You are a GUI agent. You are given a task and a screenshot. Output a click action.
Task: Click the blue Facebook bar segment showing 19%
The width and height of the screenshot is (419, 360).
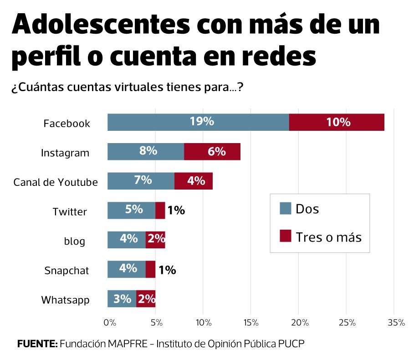tap(198, 122)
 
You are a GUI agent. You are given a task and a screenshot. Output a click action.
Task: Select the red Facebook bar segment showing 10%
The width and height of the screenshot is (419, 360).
tap(337, 122)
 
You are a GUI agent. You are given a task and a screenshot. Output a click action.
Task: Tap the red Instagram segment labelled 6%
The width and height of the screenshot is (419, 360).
tap(212, 152)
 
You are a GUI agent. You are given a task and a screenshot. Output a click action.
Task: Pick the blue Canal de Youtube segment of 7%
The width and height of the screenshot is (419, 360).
tap(141, 181)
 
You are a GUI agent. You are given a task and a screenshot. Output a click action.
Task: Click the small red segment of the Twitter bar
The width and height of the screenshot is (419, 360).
tap(160, 211)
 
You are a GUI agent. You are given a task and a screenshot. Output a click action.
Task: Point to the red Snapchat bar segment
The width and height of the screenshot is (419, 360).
tap(150, 269)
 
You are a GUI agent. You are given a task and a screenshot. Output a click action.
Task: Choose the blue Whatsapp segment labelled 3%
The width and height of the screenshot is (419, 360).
tap(122, 299)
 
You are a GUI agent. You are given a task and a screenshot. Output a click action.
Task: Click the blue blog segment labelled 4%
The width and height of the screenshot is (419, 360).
tap(126, 240)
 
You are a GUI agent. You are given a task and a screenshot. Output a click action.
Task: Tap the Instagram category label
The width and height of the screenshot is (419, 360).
tap(65, 153)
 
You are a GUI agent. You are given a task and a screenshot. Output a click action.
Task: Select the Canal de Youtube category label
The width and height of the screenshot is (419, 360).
tap(56, 182)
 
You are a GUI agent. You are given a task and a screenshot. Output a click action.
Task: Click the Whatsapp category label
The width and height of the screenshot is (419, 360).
tap(65, 300)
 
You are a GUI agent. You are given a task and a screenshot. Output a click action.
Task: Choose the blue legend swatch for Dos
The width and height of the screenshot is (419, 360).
tap(285, 209)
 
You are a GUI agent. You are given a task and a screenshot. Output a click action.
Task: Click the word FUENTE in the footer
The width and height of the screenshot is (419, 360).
tap(37, 343)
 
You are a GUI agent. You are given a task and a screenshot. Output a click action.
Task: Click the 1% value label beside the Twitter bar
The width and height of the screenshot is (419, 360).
tap(176, 211)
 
